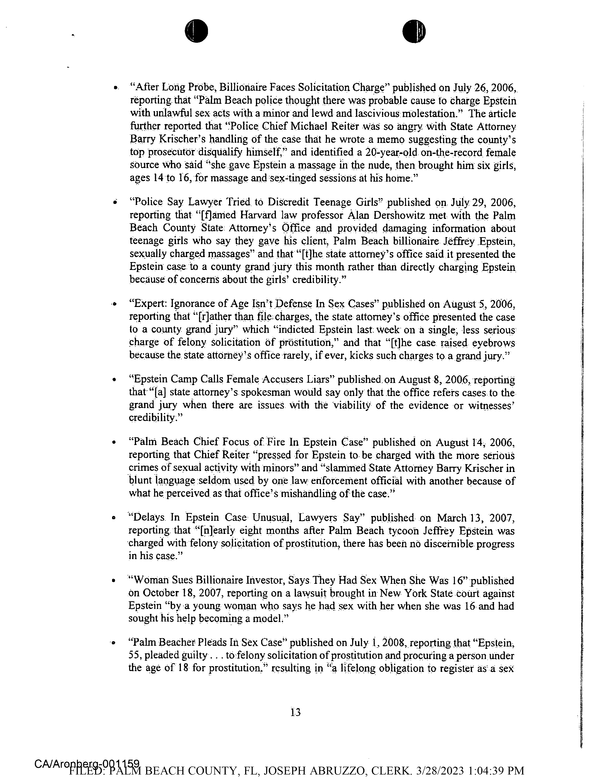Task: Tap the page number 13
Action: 296,712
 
